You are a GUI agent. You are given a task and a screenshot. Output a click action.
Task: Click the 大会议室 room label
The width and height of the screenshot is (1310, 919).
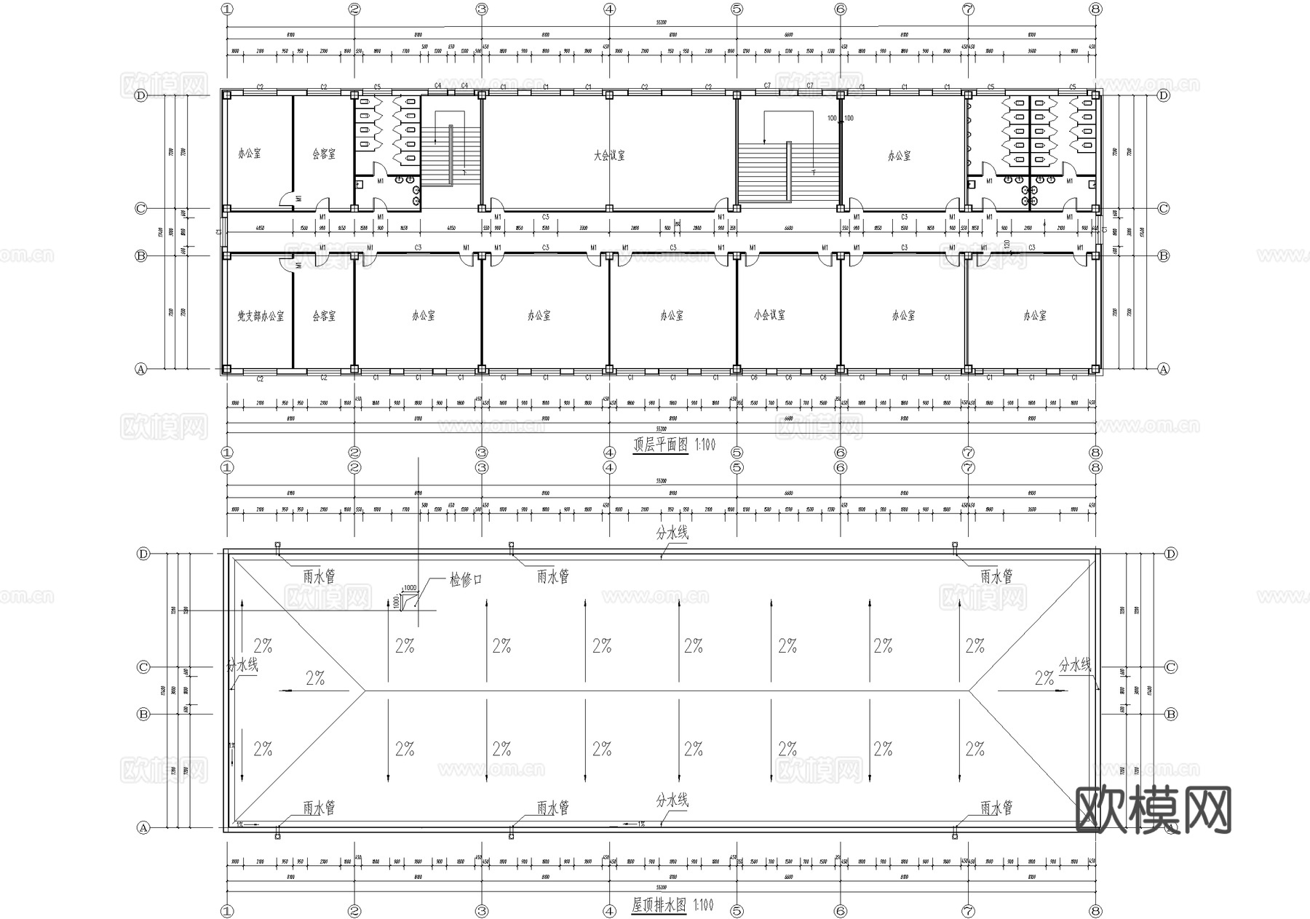pyautogui.click(x=609, y=155)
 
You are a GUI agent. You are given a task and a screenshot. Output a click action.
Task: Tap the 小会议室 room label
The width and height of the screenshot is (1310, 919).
pyautogui.click(x=769, y=315)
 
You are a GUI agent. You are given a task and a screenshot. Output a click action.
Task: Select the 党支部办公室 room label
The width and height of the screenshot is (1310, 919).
pyautogui.click(x=261, y=317)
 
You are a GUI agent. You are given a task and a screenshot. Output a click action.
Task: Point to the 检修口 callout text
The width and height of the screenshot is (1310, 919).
pyautogui.click(x=466, y=580)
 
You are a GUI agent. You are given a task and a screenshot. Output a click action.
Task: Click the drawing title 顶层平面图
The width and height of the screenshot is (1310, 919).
pyautogui.click(x=660, y=445)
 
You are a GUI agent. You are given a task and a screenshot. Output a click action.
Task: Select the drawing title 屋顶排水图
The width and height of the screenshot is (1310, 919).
pyautogui.click(x=659, y=905)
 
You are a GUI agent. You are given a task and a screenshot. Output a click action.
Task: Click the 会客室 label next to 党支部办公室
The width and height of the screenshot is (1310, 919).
pyautogui.click(x=324, y=317)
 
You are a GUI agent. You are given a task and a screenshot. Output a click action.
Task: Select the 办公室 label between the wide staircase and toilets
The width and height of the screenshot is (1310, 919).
pyautogui.click(x=899, y=155)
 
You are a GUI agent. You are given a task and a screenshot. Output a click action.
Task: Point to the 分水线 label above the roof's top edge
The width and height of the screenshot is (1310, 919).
pyautogui.click(x=672, y=533)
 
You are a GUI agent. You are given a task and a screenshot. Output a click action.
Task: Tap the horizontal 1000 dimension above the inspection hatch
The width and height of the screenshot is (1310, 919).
pyautogui.click(x=410, y=587)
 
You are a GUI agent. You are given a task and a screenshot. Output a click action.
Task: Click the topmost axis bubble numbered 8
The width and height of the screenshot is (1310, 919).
pyautogui.click(x=1096, y=9)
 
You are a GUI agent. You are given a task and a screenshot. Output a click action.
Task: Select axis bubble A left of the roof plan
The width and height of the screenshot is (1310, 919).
pyautogui.click(x=143, y=827)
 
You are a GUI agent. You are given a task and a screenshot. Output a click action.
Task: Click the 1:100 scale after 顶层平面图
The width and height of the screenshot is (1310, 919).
pyautogui.click(x=704, y=445)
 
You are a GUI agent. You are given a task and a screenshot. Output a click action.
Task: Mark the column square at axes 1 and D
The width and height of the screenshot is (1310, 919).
pyautogui.click(x=227, y=95)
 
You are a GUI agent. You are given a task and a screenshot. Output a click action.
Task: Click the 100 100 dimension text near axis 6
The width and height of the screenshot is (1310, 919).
pyautogui.click(x=840, y=118)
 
